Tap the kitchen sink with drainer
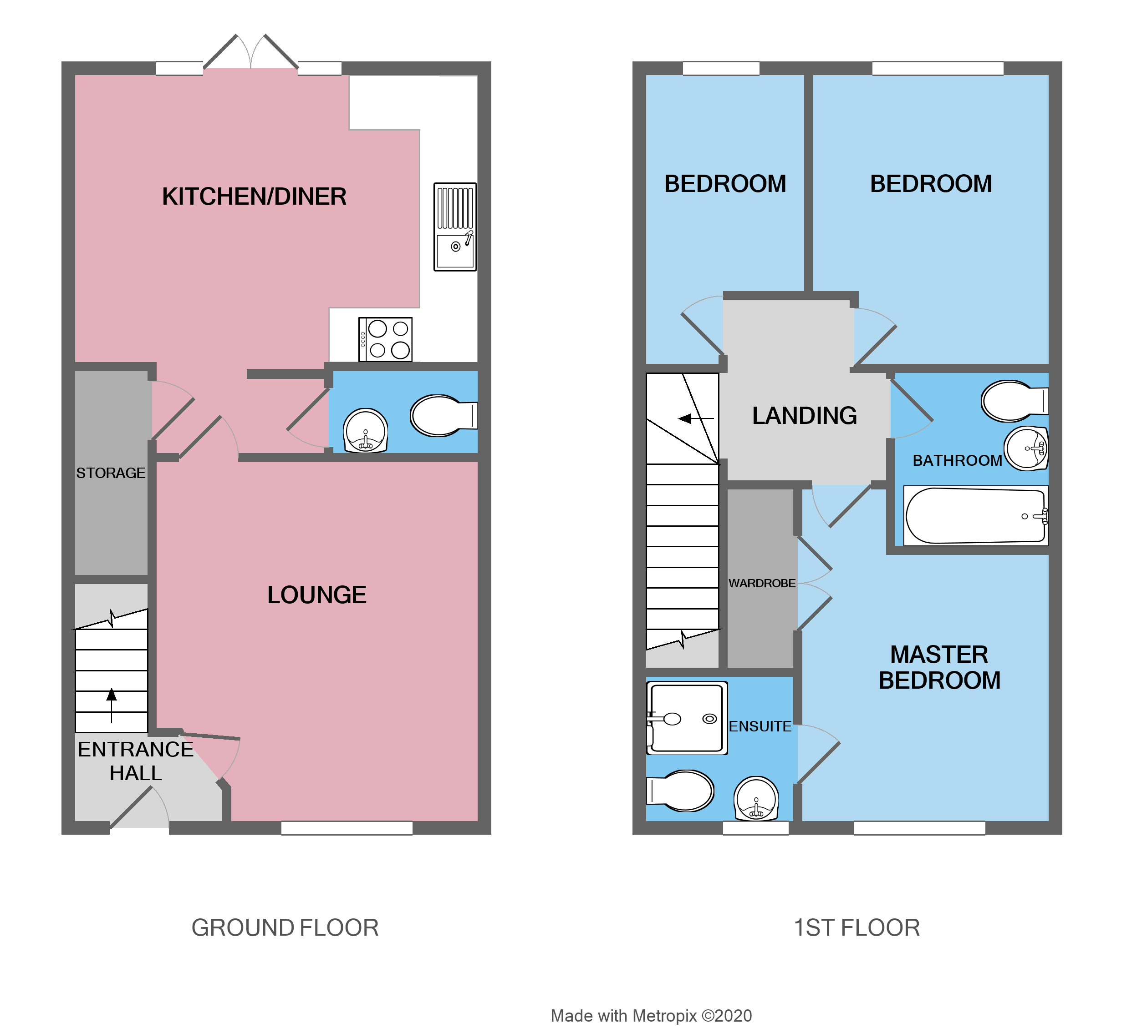454,227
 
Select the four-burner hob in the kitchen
386,339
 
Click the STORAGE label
111,473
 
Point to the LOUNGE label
316,595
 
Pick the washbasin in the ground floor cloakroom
366,431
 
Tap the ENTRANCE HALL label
136,761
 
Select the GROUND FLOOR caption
285,928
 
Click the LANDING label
804,416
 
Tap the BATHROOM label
957,460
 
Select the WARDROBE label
761,583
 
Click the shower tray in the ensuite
686,718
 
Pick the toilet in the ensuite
681,790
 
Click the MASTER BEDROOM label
939,668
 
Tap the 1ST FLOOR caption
856,928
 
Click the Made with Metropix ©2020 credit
651,1016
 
